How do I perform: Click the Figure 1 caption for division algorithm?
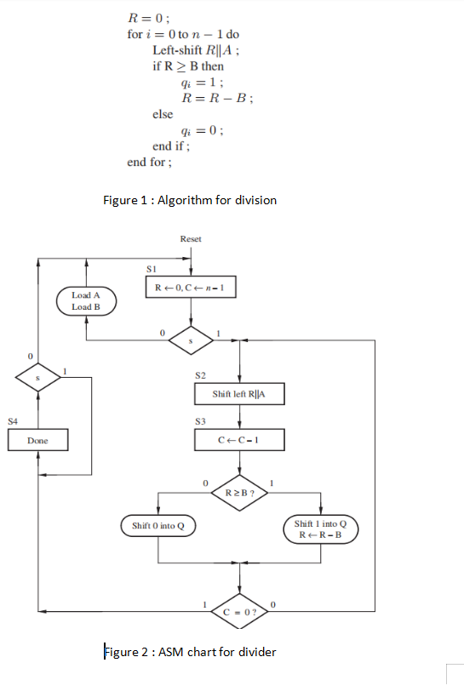pyautogui.click(x=189, y=200)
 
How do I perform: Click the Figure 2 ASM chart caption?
pyautogui.click(x=189, y=652)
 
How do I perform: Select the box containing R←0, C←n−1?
pyautogui.click(x=190, y=288)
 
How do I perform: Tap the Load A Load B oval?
pyautogui.click(x=86, y=301)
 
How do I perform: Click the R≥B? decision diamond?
pyautogui.click(x=240, y=493)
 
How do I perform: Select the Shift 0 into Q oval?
pyautogui.click(x=158, y=526)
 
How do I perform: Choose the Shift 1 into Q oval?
pyautogui.click(x=320, y=528)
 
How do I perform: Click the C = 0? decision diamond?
pyautogui.click(x=240, y=611)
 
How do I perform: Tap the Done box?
pyautogui.click(x=37, y=441)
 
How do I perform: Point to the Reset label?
pyautogui.click(x=191, y=239)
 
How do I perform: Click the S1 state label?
pyautogui.click(x=151, y=268)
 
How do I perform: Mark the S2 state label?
pyautogui.click(x=200, y=374)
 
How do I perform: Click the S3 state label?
pyautogui.click(x=200, y=420)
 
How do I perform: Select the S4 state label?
pyautogui.click(x=13, y=420)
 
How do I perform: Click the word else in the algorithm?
pyautogui.click(x=163, y=114)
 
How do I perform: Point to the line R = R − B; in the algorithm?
pyautogui.click(x=212, y=98)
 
